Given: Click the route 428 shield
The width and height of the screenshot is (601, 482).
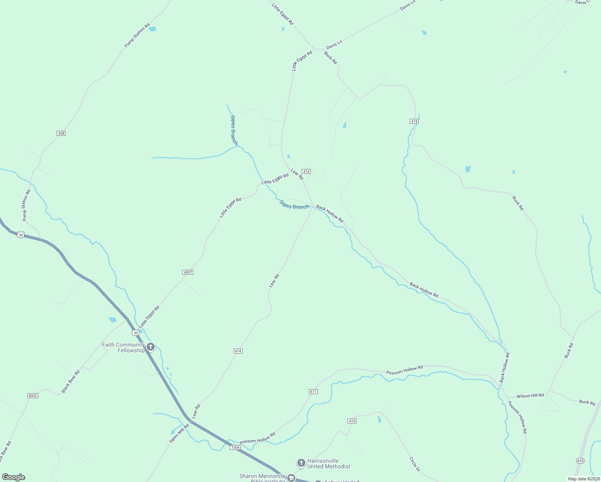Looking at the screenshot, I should click(x=61, y=133).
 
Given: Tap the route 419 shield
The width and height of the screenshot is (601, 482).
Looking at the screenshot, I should click(x=414, y=121).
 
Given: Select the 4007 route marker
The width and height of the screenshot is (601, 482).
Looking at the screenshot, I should click(x=188, y=272).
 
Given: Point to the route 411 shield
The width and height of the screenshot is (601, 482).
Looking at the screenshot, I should click(x=313, y=392).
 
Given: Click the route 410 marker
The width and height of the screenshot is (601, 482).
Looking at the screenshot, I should click(x=352, y=421).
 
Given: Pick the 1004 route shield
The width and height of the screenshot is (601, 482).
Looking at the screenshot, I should click(x=235, y=447).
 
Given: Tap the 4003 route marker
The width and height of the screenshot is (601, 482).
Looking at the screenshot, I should click(x=33, y=396).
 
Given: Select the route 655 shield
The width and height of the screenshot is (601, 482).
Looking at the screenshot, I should click(x=580, y=460).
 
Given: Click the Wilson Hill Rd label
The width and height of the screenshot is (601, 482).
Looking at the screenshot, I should click(x=530, y=396).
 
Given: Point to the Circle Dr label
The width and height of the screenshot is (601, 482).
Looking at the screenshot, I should click(x=415, y=464).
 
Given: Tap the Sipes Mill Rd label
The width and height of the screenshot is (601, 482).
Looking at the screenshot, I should click(x=179, y=433).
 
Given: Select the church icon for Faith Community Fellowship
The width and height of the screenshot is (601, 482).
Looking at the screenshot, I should click(x=151, y=347).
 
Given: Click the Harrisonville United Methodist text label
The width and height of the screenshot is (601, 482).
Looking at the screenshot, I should click(x=329, y=464).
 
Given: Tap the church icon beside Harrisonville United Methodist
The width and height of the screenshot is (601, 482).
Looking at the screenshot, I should click(x=301, y=463).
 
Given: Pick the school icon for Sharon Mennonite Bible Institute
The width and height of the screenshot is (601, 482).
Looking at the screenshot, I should click(x=291, y=478).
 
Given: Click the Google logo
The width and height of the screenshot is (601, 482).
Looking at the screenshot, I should click(x=14, y=477).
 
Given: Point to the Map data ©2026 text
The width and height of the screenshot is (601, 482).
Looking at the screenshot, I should click(x=583, y=479).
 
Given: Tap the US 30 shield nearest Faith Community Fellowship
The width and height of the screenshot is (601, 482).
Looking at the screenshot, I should click(x=135, y=333).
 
